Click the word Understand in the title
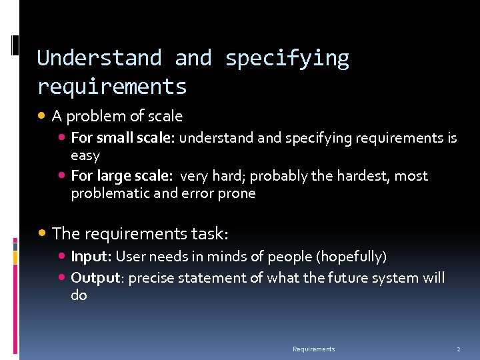click(99, 59)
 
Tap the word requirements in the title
click(112, 87)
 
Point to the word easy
click(85, 156)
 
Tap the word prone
click(236, 193)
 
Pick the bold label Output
click(95, 278)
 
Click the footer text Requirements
click(313, 349)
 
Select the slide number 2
click(458, 349)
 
